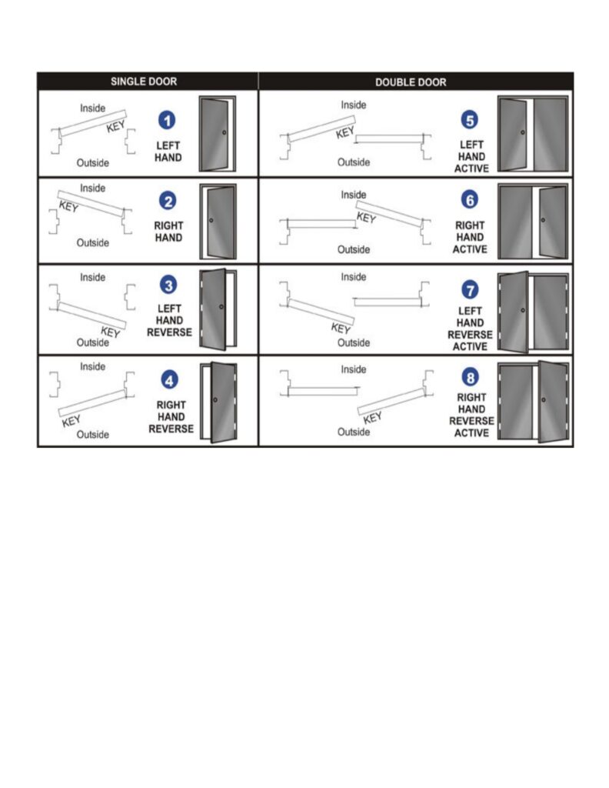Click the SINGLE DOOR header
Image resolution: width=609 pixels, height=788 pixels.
coord(144,82)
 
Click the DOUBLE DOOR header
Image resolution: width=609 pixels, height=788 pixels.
coord(411,82)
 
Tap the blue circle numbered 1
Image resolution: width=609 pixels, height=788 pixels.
coord(167,121)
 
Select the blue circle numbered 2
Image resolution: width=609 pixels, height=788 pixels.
coord(168,201)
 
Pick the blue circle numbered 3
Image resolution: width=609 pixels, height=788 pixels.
coord(168,285)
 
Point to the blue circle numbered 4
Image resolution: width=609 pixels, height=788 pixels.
coord(169,380)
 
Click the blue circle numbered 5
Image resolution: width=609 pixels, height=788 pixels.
coord(470,120)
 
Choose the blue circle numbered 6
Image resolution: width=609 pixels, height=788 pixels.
coord(470,200)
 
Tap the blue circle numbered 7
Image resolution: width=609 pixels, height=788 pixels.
coord(470,289)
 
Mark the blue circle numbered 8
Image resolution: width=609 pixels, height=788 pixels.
coord(470,377)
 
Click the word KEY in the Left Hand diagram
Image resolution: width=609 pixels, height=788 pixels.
coord(115,127)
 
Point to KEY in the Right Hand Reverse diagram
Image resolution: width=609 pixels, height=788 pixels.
coord(71,421)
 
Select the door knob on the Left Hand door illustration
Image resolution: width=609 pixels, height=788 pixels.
coord(225,132)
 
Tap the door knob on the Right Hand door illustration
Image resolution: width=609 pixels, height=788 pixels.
coord(211,220)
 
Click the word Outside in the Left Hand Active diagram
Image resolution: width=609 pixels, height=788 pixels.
coord(354,162)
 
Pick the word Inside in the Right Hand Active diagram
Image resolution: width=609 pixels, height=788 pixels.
coord(354,195)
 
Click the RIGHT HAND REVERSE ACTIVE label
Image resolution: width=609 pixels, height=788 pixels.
coord(471,415)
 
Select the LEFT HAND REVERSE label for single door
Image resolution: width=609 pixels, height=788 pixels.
coord(169,320)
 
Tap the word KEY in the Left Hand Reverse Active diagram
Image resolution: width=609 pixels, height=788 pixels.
coord(341,328)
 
